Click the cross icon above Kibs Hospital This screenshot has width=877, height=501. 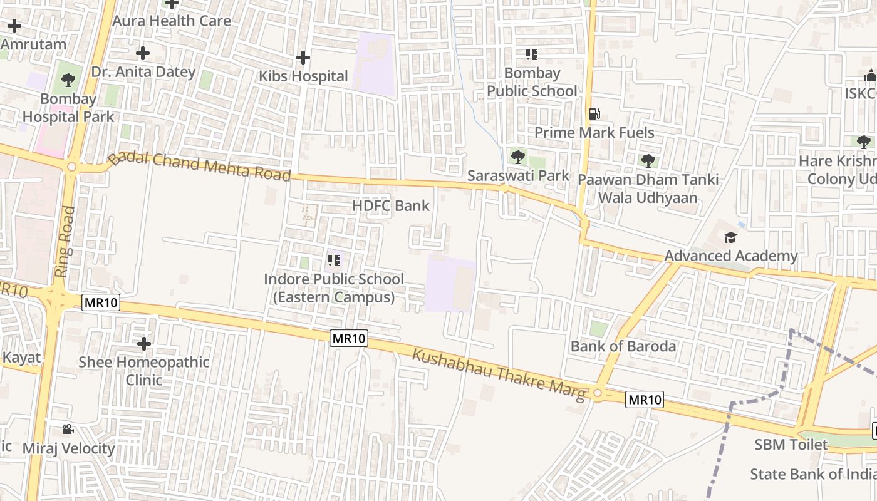click(303, 58)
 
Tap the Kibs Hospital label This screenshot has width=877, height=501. click(303, 76)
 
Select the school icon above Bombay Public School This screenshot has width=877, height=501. click(532, 54)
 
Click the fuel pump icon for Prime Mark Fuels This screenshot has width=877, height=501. click(594, 114)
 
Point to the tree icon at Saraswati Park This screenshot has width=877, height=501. click(517, 157)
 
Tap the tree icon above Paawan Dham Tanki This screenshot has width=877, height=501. click(648, 160)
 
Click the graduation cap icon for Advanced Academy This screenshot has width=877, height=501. click(730, 237)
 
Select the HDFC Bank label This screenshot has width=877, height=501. click(391, 205)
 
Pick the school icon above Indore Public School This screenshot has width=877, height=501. click(333, 260)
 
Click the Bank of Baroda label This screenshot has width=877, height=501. click(623, 346)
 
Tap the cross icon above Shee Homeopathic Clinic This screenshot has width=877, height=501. click(144, 343)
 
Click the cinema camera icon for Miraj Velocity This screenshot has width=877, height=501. click(68, 430)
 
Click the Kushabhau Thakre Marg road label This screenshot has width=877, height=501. click(499, 375)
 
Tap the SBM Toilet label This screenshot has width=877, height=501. click(791, 445)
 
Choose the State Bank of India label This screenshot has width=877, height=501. click(813, 474)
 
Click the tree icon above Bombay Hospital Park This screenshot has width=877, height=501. click(68, 80)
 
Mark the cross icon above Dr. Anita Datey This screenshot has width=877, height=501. click(143, 53)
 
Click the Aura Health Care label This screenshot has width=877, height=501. click(171, 21)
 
